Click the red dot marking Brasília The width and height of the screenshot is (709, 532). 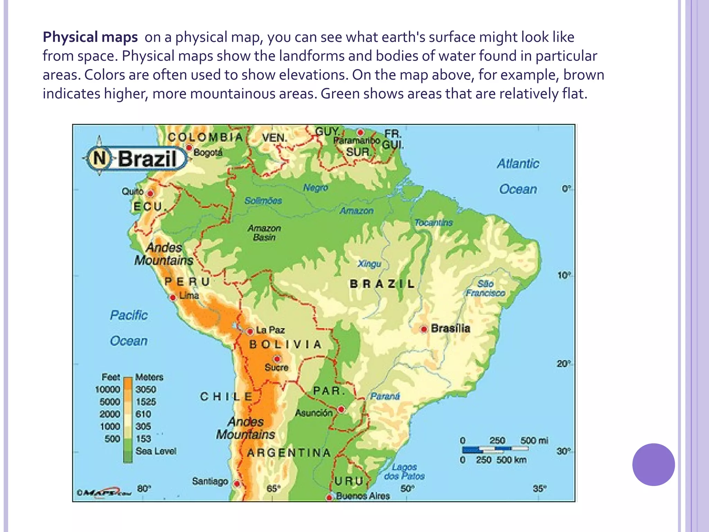pyautogui.click(x=424, y=329)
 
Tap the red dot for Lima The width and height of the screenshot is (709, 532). pyautogui.click(x=172, y=298)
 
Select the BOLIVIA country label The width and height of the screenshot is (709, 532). pyautogui.click(x=285, y=345)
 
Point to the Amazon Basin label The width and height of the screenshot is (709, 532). pyautogui.click(x=264, y=233)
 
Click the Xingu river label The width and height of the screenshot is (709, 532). pyautogui.click(x=369, y=264)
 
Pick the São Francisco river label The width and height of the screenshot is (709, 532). pyautogui.click(x=485, y=289)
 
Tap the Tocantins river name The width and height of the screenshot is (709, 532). pyautogui.click(x=433, y=222)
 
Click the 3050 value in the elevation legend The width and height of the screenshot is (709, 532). pyautogui.click(x=146, y=389)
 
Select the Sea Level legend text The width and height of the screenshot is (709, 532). pyautogui.click(x=156, y=451)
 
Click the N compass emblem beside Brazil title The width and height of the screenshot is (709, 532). pyautogui.click(x=99, y=158)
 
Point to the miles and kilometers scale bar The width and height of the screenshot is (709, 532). pyautogui.click(x=495, y=450)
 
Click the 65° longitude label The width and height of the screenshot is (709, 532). pyautogui.click(x=273, y=489)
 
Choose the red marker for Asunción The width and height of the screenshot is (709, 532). pyautogui.click(x=341, y=409)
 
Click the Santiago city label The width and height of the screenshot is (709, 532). pyautogui.click(x=210, y=481)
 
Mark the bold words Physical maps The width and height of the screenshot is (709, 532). pyautogui.click(x=90, y=37)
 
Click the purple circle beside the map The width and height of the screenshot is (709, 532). pyautogui.click(x=653, y=464)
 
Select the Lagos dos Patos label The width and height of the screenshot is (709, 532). pyautogui.click(x=404, y=471)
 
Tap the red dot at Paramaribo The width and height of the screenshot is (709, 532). pyautogui.click(x=360, y=132)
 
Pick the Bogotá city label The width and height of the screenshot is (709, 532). pyautogui.click(x=208, y=152)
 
